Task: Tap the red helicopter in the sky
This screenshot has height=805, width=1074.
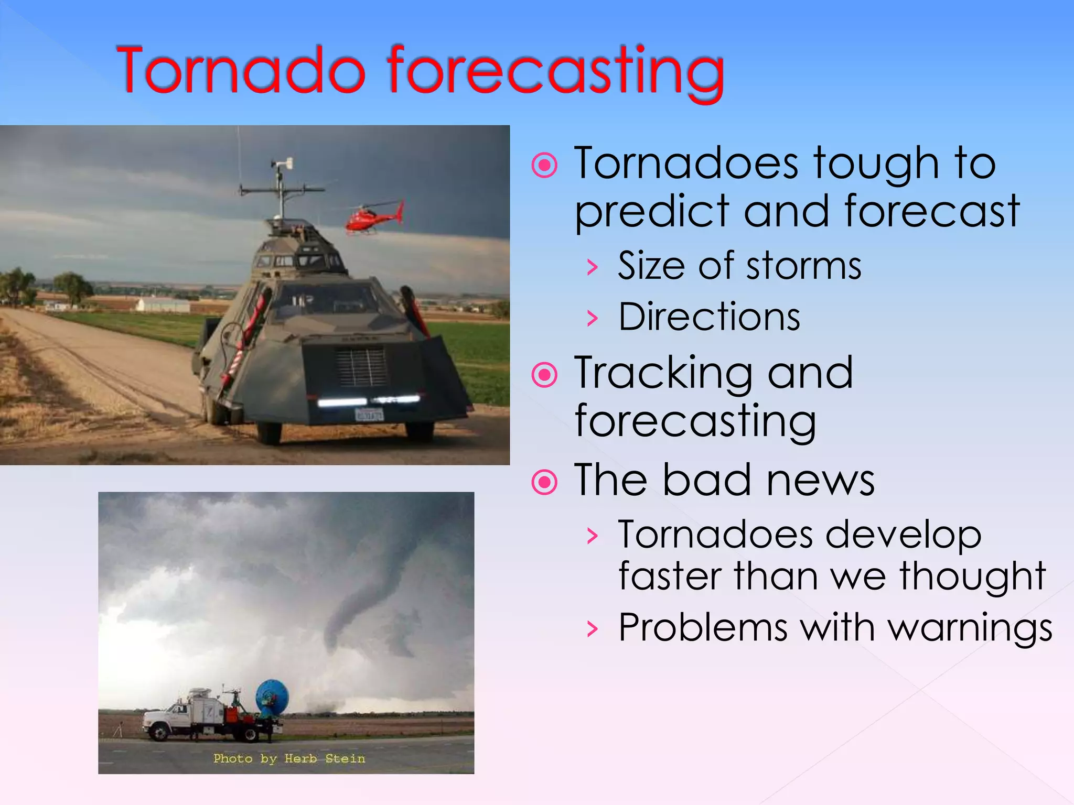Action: click(x=373, y=217)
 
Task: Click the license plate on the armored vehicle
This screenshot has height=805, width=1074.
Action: click(x=369, y=415)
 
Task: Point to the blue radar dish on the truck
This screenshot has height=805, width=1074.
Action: click(x=272, y=697)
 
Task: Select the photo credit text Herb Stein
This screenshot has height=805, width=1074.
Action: click(x=325, y=758)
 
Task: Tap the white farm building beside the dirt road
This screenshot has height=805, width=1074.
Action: click(x=163, y=304)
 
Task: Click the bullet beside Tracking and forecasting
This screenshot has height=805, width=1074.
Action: click(x=544, y=375)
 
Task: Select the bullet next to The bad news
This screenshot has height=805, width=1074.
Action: click(x=544, y=482)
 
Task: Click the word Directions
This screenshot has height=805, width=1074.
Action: click(x=709, y=318)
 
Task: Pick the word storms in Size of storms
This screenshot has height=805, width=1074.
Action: click(x=803, y=266)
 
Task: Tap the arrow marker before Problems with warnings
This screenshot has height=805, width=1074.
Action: click(x=593, y=628)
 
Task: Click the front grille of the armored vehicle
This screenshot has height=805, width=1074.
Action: click(x=361, y=367)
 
